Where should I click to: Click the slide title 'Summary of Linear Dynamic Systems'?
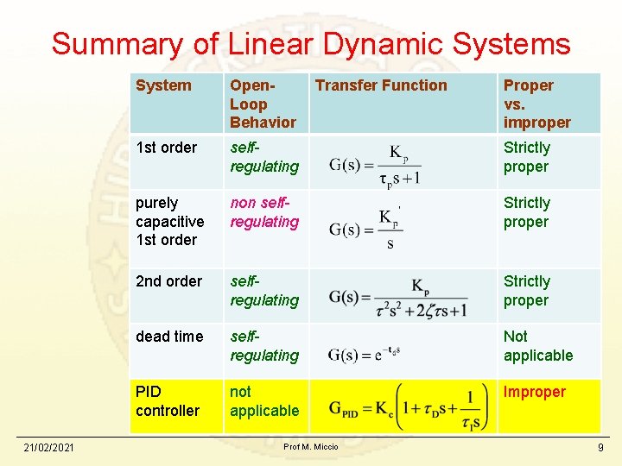tap(311, 43)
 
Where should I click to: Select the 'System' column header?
tap(163, 85)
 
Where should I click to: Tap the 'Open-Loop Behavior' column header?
tap(262, 104)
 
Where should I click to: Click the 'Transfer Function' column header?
tap(381, 85)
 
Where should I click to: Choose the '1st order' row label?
tap(166, 148)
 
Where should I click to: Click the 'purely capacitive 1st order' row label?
tap(169, 221)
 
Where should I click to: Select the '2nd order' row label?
tap(168, 281)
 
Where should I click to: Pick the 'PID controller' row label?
tap(168, 401)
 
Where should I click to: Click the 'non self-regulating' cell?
tap(264, 212)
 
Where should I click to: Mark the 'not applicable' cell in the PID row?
tap(264, 401)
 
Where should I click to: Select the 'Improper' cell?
tap(535, 392)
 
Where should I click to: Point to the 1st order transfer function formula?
tap(375, 165)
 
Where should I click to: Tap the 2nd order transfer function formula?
tap(398, 298)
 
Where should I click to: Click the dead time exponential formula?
tap(364, 354)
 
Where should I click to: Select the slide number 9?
tap(600, 448)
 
